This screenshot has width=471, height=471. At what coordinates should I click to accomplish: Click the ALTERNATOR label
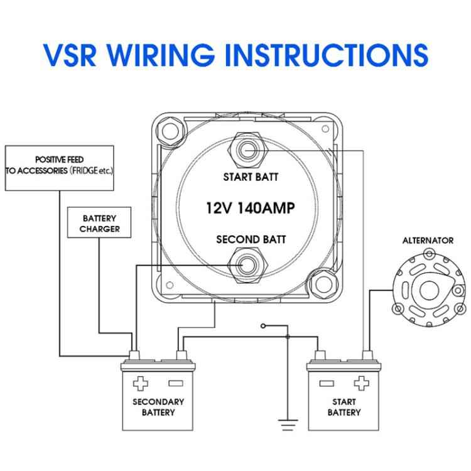(428, 241)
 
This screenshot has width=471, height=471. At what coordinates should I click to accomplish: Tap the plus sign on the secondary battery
(141, 382)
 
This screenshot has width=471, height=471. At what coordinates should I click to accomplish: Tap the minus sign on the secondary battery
(175, 382)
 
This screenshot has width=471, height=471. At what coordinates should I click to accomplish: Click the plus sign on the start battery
(360, 382)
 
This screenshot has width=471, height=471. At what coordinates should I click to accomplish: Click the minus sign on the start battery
(326, 382)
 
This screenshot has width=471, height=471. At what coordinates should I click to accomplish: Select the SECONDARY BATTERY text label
(158, 407)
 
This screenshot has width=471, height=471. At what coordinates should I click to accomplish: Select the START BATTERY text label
(344, 407)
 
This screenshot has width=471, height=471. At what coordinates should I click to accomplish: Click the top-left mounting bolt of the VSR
(169, 129)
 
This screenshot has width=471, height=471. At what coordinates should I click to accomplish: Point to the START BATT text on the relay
(251, 177)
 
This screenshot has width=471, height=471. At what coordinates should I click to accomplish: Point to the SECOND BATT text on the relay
(251, 239)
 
